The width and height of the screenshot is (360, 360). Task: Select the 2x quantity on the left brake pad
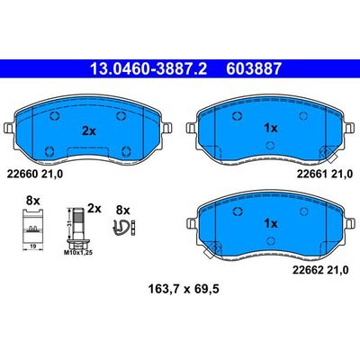click(89, 130)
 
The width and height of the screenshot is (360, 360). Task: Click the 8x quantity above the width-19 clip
click(33, 199)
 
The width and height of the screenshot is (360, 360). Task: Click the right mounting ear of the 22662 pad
click(346, 221)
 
